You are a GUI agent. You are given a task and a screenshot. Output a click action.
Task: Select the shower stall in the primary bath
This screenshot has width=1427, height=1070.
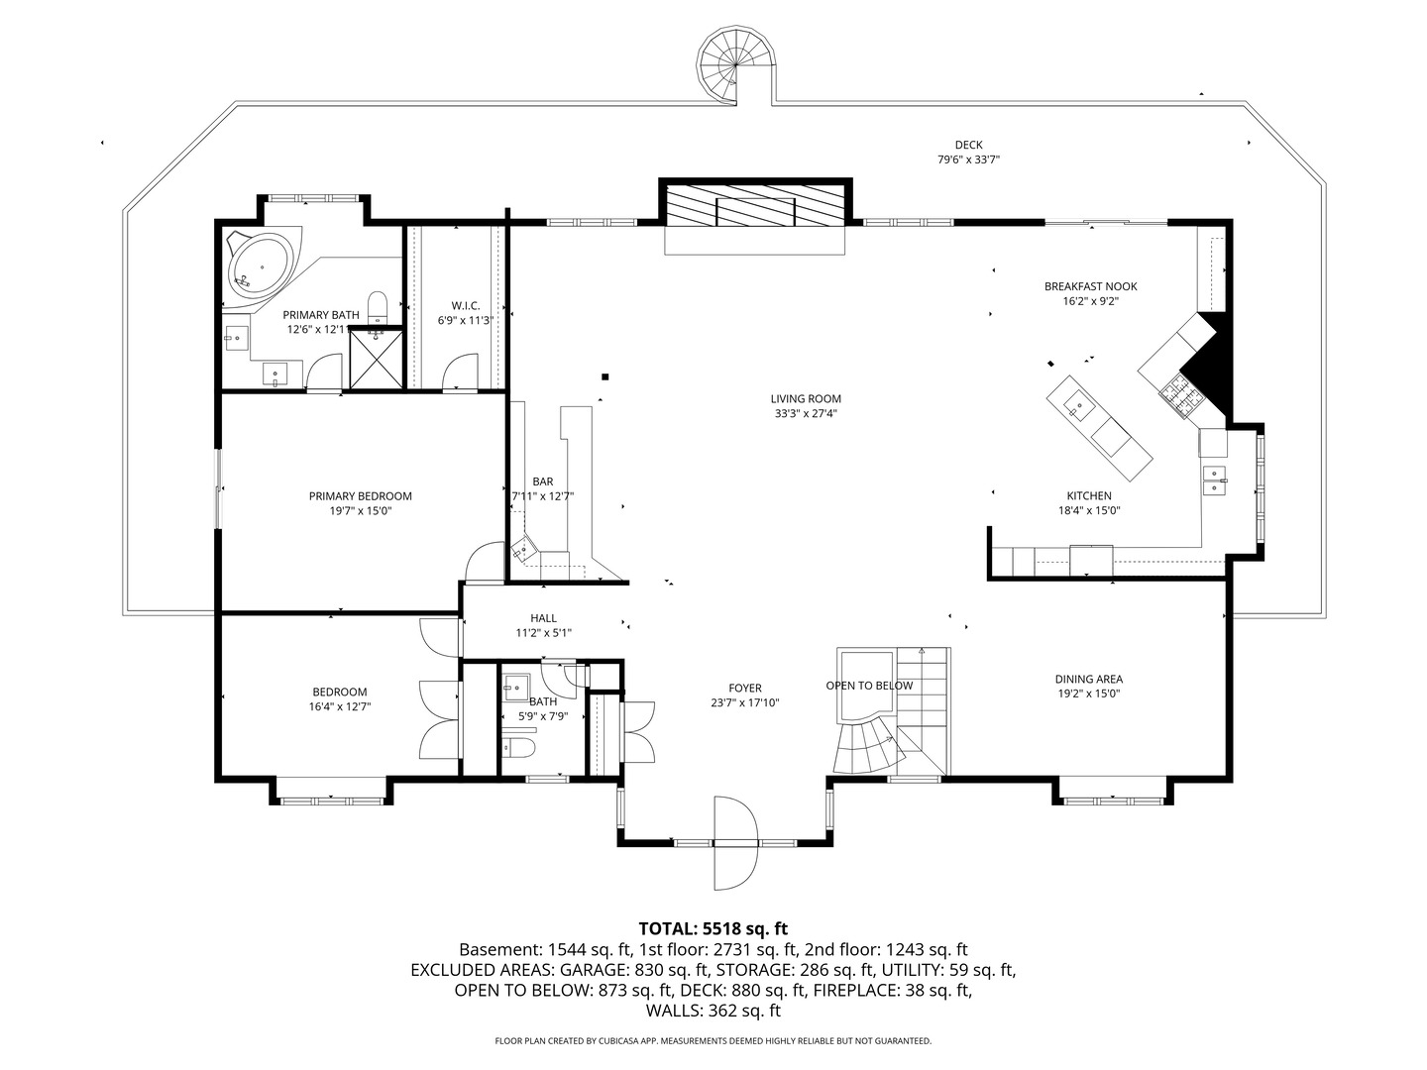(376, 359)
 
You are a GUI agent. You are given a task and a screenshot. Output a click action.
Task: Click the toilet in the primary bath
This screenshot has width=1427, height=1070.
(378, 307)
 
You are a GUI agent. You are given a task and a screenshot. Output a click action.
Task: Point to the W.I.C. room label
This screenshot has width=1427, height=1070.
(466, 305)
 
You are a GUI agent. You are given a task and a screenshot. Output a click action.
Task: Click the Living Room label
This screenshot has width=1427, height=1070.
(806, 399)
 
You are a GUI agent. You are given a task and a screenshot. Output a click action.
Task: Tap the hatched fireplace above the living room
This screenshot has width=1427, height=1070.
(755, 205)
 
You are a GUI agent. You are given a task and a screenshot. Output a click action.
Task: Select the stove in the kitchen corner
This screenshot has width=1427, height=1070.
(1180, 396)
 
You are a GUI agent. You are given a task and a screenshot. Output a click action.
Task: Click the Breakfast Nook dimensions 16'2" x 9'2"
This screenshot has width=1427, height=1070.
(1090, 301)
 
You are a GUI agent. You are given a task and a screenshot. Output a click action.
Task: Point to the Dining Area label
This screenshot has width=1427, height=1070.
(1088, 679)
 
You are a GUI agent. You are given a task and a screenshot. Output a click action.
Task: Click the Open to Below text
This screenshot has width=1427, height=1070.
(869, 686)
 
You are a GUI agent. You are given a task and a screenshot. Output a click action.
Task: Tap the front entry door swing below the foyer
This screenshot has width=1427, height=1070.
(736, 843)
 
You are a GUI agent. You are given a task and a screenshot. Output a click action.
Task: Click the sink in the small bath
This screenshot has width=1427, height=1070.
(517, 687)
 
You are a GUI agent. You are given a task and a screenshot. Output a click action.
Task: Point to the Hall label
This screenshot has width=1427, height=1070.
(543, 618)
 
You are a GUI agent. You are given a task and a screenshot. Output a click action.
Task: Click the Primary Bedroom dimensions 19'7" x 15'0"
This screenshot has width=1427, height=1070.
(360, 511)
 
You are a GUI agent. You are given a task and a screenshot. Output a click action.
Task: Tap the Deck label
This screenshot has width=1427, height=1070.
(968, 145)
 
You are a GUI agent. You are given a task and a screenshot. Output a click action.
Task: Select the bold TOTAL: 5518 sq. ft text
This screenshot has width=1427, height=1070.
(713, 928)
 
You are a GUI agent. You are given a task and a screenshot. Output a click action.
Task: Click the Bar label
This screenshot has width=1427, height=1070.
(543, 481)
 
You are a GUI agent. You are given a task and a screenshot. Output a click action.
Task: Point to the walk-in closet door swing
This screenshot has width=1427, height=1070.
(460, 371)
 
